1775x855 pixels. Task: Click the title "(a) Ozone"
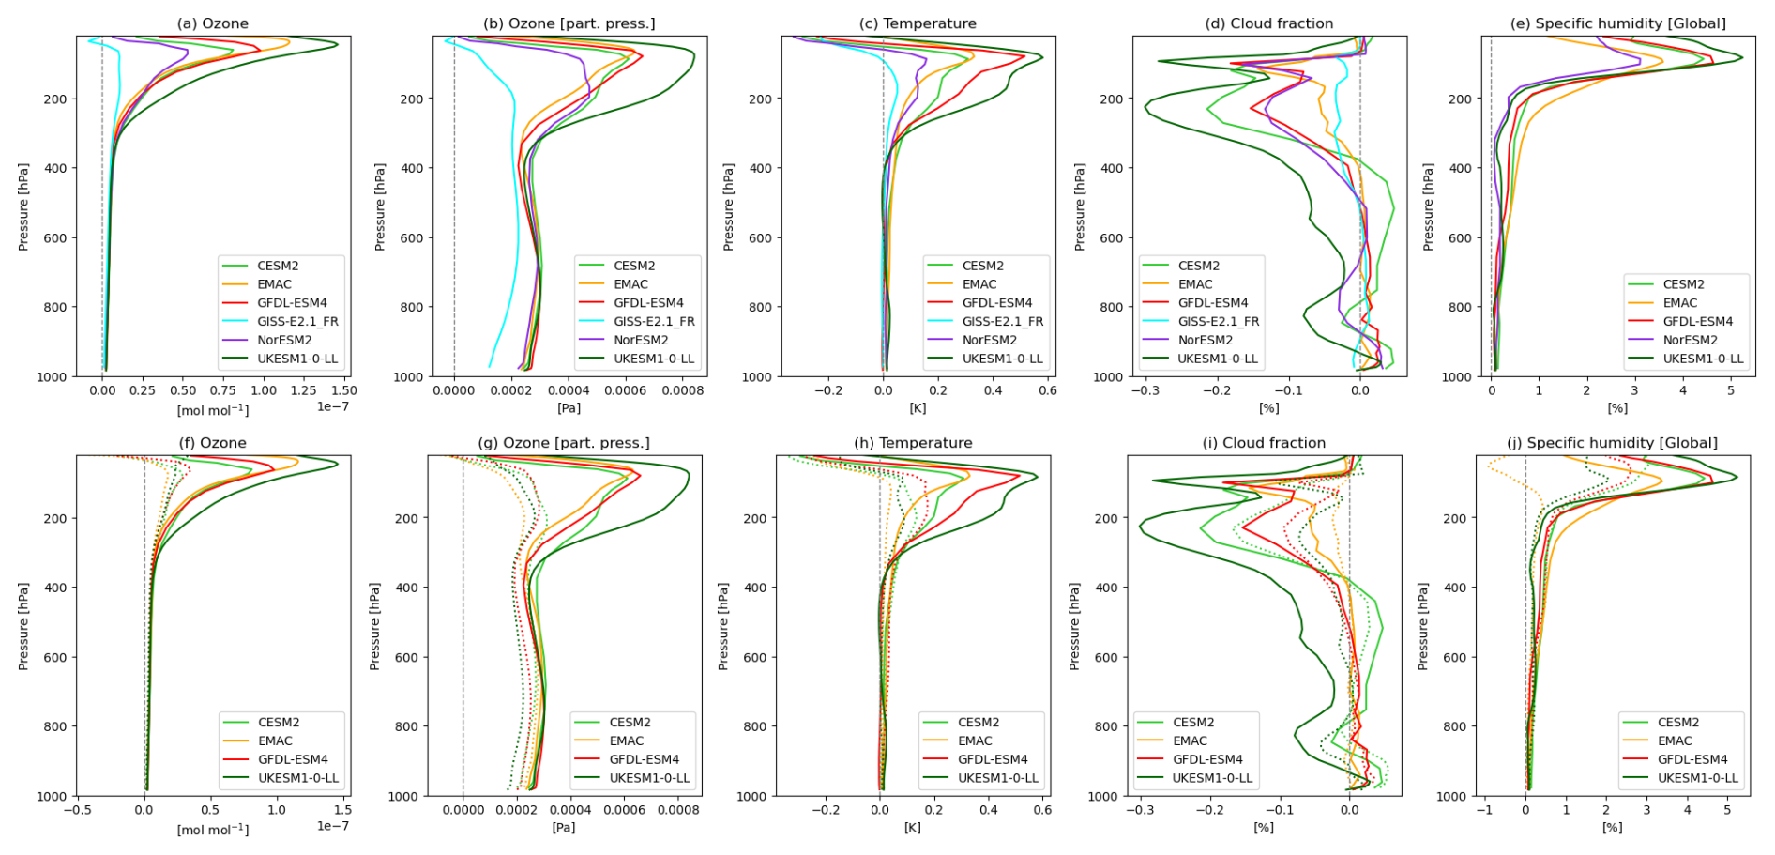pos(213,23)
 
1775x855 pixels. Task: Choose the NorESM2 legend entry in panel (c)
pos(989,341)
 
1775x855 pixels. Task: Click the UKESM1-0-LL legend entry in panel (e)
pos(1703,359)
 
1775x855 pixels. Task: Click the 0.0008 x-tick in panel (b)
pos(682,390)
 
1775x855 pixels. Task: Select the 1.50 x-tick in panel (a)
pos(344,390)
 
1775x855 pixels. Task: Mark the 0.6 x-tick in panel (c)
pos(1048,390)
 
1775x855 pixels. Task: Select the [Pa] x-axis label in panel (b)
pos(569,408)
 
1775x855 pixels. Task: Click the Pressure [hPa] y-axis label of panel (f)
pos(23,626)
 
